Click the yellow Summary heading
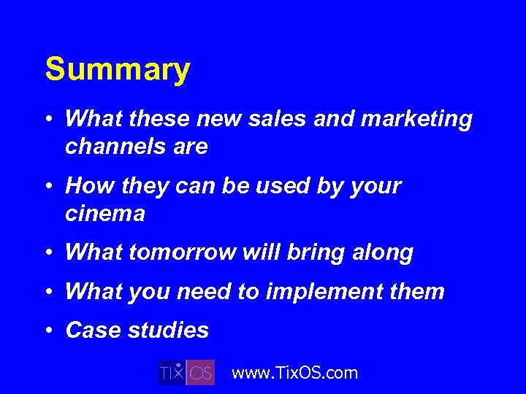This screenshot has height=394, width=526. coord(118,70)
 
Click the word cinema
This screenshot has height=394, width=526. coord(105,214)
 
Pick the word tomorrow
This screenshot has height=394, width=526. coord(182,252)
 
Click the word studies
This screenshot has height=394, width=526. coord(167,331)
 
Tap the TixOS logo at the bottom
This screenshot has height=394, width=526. coord(186,372)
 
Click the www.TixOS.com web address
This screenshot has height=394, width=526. coord(294,373)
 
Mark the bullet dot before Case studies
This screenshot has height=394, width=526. coord(48,331)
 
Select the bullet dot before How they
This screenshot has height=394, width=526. coord(48,186)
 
